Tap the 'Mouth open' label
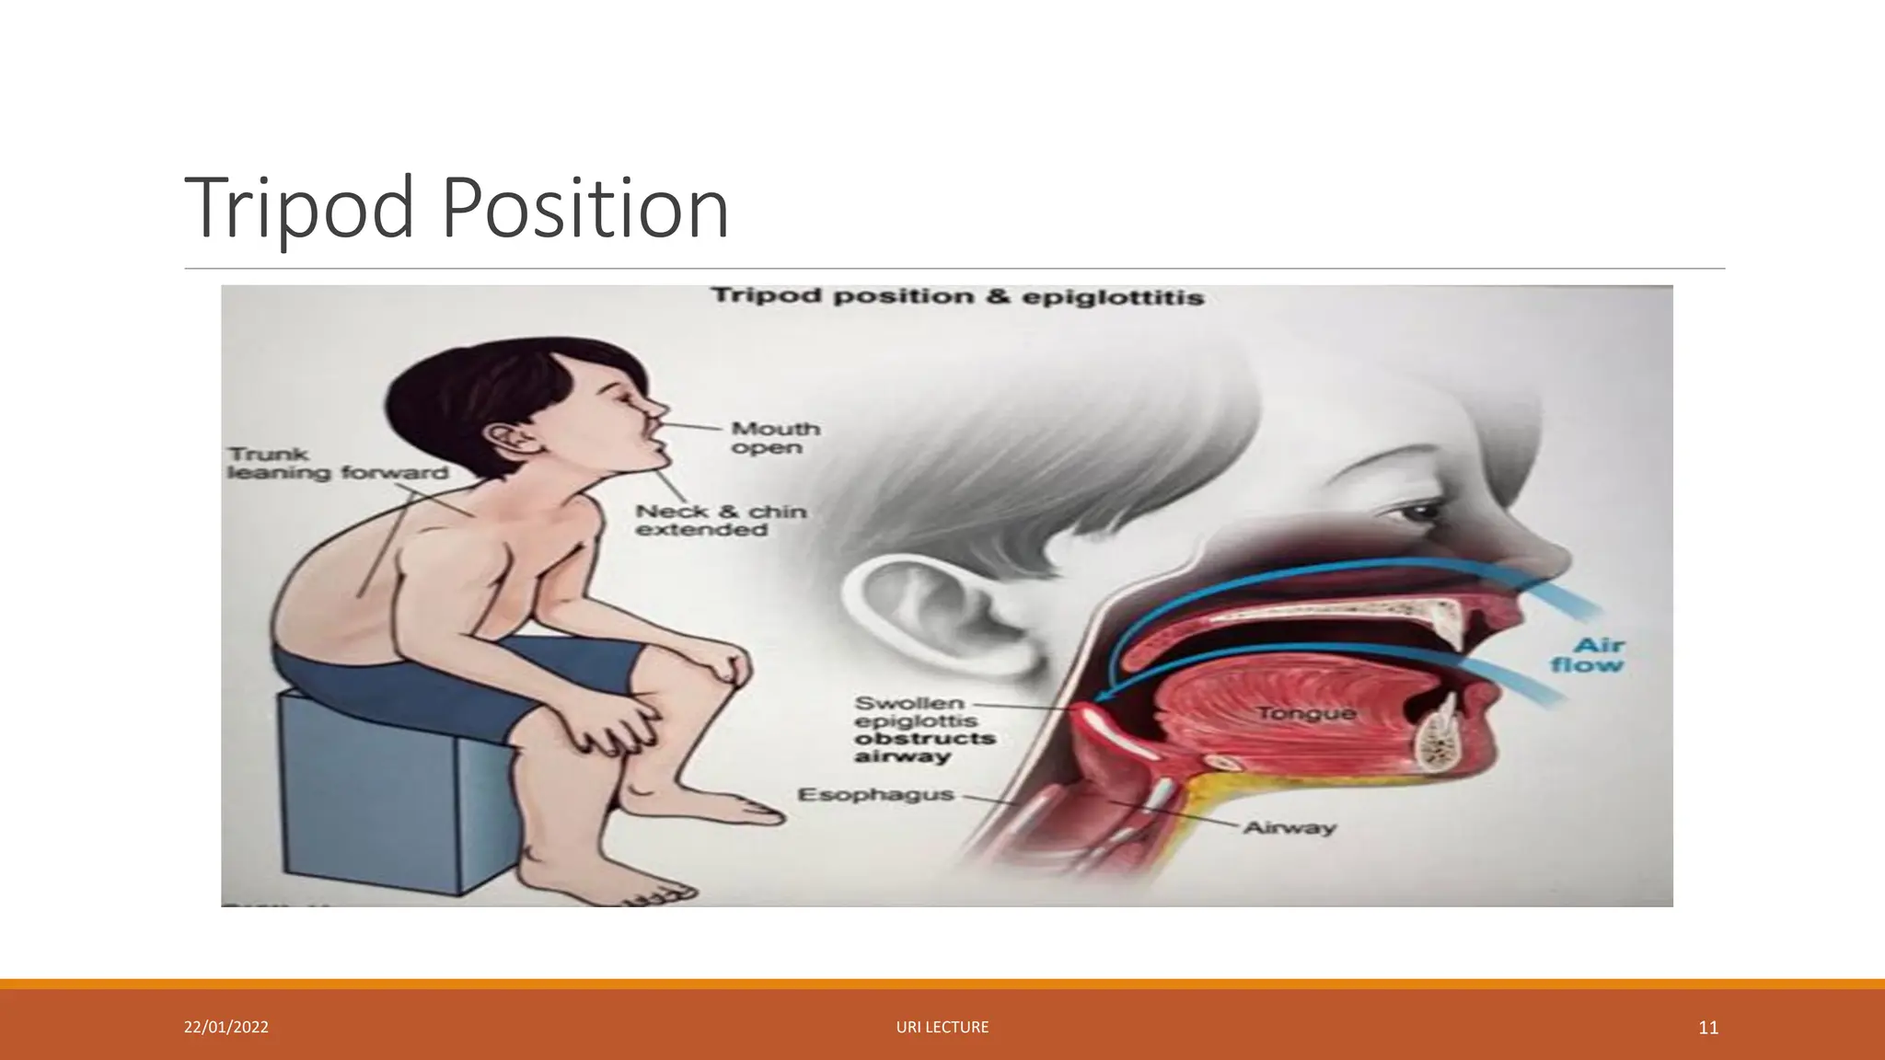tap(775, 438)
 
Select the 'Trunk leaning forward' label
tap(337, 464)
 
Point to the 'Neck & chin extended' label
tap(721, 520)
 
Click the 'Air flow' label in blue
tap(1587, 654)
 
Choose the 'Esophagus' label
tap(875, 794)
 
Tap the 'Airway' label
tap(1289, 827)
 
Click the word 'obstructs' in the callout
tap(924, 739)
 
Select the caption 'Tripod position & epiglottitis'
tap(957, 296)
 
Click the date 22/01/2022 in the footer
tap(226, 1027)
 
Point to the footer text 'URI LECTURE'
tap(942, 1027)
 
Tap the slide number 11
tap(1708, 1028)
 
